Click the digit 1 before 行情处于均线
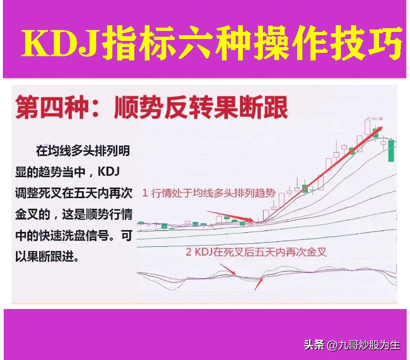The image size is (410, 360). [x=145, y=193]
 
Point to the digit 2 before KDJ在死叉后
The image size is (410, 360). [x=189, y=251]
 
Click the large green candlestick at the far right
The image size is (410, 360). [x=391, y=150]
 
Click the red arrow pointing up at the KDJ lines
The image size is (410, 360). [x=259, y=284]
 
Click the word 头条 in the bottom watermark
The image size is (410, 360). [x=314, y=344]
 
